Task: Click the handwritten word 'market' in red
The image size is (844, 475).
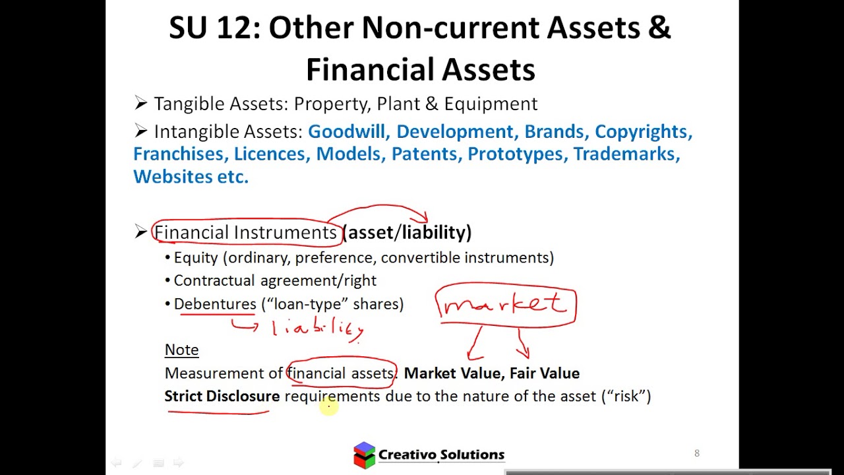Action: click(505, 304)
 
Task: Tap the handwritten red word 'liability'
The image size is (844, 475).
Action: click(318, 327)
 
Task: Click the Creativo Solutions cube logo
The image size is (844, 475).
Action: click(364, 455)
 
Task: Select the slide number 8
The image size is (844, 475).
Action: click(696, 453)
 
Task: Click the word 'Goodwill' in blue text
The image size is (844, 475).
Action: click(347, 131)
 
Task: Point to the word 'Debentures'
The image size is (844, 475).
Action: click(215, 304)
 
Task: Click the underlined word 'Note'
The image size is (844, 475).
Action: click(181, 350)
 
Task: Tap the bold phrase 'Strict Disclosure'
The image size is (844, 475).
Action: click(222, 396)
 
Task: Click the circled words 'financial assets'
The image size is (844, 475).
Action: click(341, 373)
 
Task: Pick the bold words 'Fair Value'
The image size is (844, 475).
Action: click(544, 373)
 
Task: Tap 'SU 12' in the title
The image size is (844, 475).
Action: click(212, 28)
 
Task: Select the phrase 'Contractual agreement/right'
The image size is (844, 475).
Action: click(275, 281)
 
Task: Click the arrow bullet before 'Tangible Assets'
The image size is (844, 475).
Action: click(140, 103)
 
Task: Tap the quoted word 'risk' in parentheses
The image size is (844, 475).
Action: click(626, 396)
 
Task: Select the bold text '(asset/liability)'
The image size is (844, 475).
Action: click(407, 232)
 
